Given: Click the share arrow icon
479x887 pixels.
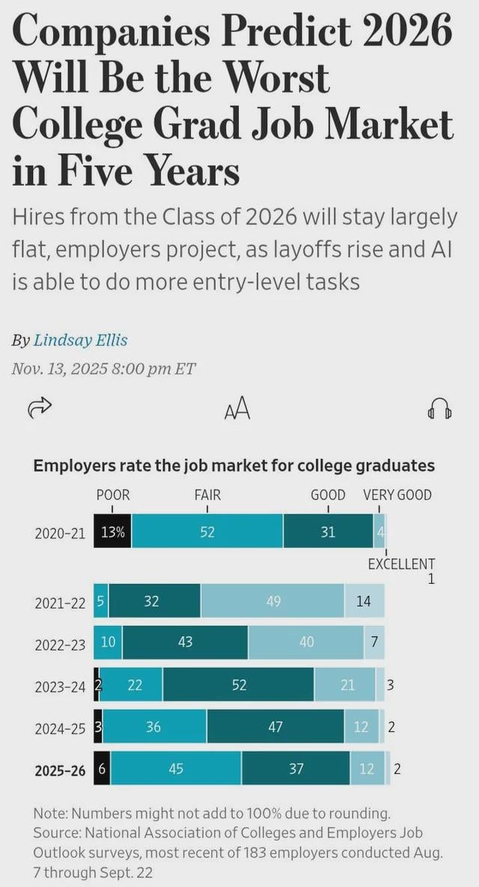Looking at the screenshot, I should click(39, 408).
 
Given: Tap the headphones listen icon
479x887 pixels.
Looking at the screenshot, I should click(439, 409).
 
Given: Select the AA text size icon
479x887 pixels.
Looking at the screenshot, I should click(237, 409).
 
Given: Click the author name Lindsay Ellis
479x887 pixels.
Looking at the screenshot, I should click(81, 340).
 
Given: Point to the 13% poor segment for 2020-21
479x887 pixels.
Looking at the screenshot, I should click(112, 532).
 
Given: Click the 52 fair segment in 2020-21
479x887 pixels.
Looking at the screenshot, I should click(207, 532).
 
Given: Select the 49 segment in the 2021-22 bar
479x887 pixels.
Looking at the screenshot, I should click(273, 601).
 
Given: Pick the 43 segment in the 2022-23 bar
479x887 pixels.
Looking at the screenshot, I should click(185, 641).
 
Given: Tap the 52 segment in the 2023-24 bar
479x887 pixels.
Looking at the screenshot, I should click(239, 685).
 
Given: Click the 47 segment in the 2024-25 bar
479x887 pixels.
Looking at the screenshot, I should click(275, 727).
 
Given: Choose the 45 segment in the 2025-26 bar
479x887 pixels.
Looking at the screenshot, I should click(176, 769).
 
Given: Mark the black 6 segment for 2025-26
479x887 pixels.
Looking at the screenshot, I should click(102, 769).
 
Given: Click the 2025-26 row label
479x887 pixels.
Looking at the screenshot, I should click(61, 769).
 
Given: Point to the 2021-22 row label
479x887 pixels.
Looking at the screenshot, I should click(61, 602).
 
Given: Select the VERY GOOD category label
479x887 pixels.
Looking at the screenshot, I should click(397, 495).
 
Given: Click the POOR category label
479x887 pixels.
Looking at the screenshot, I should click(113, 495).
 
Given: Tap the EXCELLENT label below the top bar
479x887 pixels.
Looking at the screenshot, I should click(401, 564).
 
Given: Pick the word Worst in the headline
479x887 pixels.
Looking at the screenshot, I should click(278, 78).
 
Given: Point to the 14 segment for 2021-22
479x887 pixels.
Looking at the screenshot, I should click(364, 601).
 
